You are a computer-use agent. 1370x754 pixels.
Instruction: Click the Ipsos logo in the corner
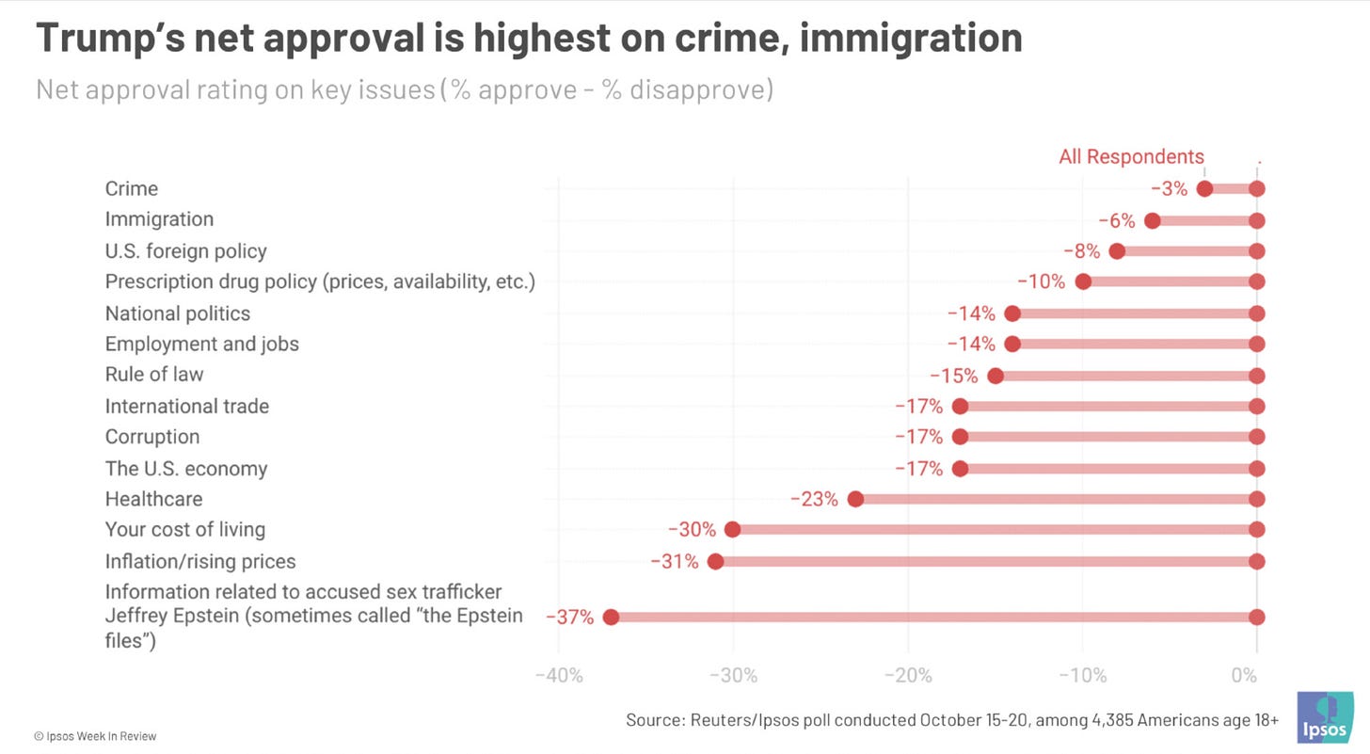tap(1325, 717)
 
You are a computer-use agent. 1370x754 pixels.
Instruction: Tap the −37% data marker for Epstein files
tap(611, 618)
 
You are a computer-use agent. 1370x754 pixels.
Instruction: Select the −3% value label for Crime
tap(1169, 189)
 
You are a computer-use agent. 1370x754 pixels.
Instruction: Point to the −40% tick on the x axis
tap(559, 676)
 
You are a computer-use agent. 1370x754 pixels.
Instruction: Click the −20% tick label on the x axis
tap(908, 676)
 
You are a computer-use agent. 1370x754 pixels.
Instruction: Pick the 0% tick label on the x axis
tap(1244, 676)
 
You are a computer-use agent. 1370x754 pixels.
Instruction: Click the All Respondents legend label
tap(1131, 157)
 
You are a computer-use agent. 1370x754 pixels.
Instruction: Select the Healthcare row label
tap(153, 499)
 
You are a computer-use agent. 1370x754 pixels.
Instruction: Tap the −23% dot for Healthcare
tap(855, 499)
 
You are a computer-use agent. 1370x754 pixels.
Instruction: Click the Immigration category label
tap(159, 219)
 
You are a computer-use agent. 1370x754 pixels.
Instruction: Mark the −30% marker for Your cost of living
tap(732, 530)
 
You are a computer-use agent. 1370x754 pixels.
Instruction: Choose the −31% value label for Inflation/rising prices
tap(675, 562)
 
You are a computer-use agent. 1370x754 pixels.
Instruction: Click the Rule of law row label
tap(154, 375)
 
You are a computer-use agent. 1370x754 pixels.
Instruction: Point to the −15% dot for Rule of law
tap(996, 376)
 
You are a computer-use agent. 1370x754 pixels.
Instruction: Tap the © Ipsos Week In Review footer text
tap(95, 736)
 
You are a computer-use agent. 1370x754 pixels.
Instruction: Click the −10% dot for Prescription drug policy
tap(1083, 281)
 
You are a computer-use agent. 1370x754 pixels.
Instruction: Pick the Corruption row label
tap(152, 437)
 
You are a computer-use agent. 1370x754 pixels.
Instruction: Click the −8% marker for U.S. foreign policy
tap(1117, 251)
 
